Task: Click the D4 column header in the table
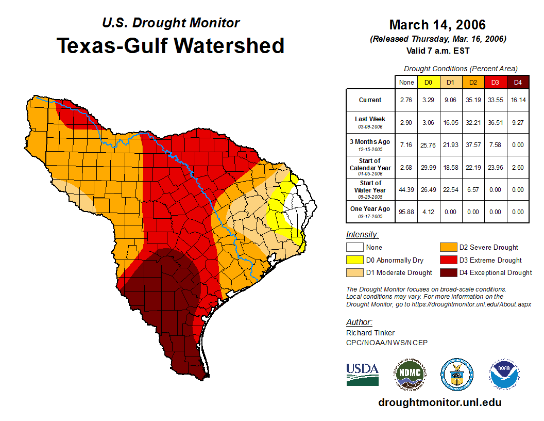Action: click(518, 82)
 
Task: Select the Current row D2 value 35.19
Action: click(473, 100)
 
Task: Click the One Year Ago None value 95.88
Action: click(406, 212)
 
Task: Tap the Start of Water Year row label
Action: click(370, 189)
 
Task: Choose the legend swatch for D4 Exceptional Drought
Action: click(447, 272)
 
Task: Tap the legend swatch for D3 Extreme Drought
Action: click(447, 260)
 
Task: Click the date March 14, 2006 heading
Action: click(437, 25)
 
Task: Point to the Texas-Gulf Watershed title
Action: click(170, 45)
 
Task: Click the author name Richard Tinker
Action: click(371, 333)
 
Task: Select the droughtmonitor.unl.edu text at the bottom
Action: click(439, 402)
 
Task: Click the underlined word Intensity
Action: click(362, 235)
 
